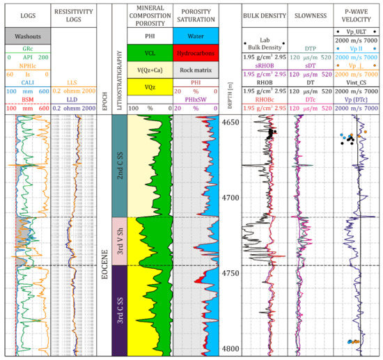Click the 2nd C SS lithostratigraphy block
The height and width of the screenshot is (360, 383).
tap(123, 164)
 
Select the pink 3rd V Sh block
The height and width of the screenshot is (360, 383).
tap(123, 240)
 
